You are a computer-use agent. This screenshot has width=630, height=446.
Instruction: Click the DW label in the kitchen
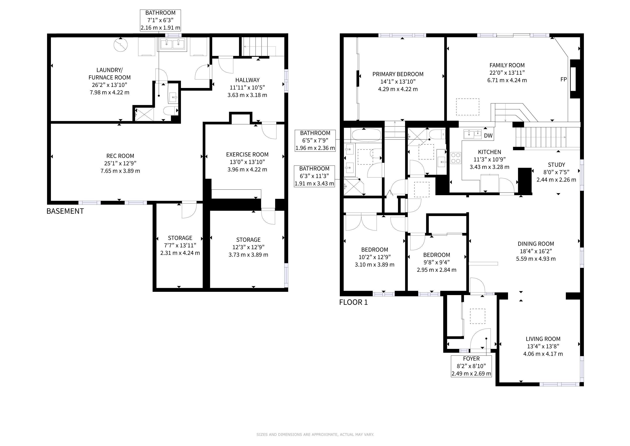[488, 136]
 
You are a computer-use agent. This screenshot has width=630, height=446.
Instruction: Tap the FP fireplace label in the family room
[564, 79]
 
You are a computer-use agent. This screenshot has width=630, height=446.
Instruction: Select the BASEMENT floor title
[65, 211]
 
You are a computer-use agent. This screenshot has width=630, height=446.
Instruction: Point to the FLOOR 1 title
[354, 302]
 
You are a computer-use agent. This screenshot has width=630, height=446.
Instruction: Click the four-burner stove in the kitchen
[456, 158]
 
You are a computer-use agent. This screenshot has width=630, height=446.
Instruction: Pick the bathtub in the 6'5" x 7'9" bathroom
[366, 135]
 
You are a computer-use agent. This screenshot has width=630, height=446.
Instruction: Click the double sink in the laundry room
[172, 44]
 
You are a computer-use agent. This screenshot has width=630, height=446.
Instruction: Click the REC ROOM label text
[120, 156]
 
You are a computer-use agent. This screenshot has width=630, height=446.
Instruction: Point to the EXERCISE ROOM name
[247, 155]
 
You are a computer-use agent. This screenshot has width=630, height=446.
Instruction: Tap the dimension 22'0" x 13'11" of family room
[507, 73]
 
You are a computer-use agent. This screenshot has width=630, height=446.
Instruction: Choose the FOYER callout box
[471, 366]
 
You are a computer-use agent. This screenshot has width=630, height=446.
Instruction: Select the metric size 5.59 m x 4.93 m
[536, 259]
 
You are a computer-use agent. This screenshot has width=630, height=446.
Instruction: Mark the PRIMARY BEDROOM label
[398, 74]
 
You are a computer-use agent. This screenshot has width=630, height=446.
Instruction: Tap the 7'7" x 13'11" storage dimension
[180, 245]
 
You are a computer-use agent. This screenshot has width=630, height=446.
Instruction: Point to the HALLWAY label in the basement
[247, 80]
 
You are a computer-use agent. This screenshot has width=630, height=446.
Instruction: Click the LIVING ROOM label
[543, 339]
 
